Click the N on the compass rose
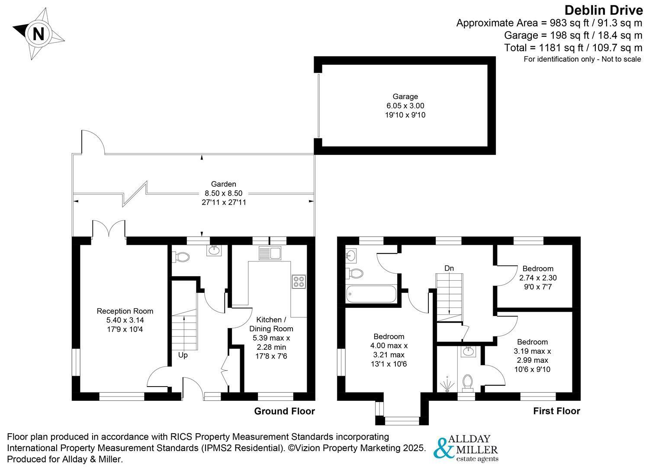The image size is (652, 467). click(x=39, y=34)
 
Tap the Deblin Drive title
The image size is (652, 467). click(x=604, y=11)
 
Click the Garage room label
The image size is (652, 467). click(x=405, y=96)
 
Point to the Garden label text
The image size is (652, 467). click(x=224, y=184)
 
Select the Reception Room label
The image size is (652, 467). click(x=125, y=311)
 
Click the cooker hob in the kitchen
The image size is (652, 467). click(x=299, y=281)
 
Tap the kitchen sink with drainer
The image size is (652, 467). click(x=270, y=253)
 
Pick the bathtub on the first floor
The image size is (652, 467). click(x=371, y=294)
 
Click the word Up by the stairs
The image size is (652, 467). click(x=183, y=355)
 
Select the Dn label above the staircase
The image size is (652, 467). click(x=449, y=268)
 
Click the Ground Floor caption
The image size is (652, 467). click(x=284, y=411)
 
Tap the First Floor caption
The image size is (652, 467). click(x=556, y=411)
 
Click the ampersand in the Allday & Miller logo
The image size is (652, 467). click(x=444, y=448)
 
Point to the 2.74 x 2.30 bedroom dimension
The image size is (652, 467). click(x=538, y=278)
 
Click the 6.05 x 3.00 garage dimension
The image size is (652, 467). click(x=405, y=106)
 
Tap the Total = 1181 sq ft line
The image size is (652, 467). click(x=573, y=48)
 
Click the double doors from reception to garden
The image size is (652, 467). click(x=109, y=229)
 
